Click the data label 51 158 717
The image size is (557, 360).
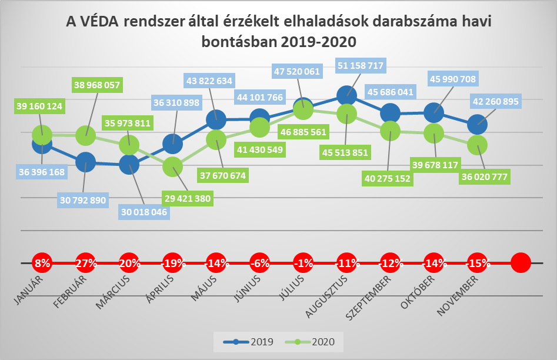tap(369, 66)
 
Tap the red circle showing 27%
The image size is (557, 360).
tap(86, 263)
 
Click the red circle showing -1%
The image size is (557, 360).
tap(303, 263)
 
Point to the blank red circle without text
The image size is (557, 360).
tap(521, 263)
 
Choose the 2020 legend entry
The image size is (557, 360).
tap(312, 341)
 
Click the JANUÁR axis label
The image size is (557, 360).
tap(29, 292)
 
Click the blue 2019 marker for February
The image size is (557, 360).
tap(86, 161)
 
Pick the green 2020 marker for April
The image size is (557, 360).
tap(172, 168)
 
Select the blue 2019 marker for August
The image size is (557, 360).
tap(347, 94)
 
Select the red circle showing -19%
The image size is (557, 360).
tap(172, 263)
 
